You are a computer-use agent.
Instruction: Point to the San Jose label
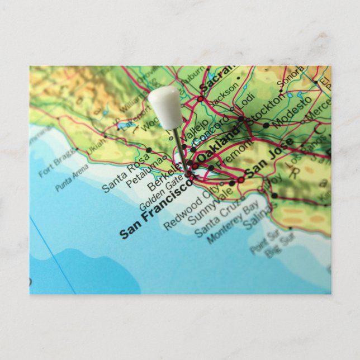(x=269, y=159)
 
